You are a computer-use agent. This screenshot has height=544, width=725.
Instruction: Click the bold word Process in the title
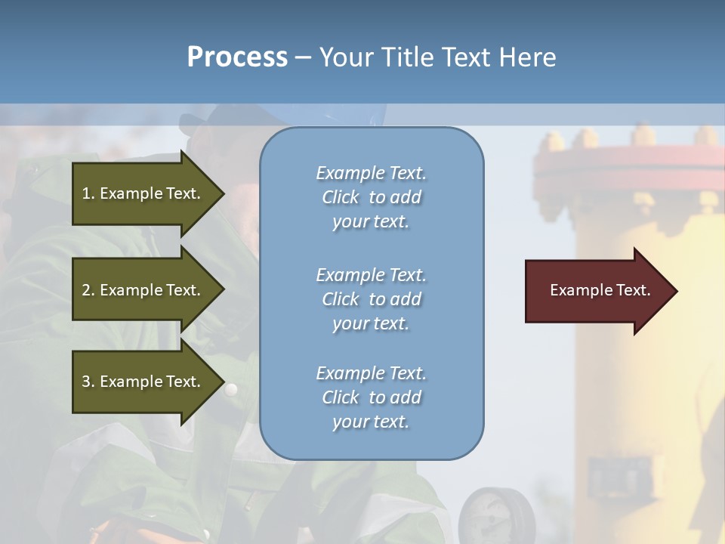point(237,57)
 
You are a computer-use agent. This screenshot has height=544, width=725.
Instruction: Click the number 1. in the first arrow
point(88,193)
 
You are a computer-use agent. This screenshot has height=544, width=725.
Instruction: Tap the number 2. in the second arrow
point(88,290)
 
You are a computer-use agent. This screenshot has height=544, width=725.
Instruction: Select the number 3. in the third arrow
point(88,382)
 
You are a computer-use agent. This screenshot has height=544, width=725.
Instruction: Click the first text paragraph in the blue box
point(371,197)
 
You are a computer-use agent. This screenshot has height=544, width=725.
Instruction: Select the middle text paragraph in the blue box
point(371,299)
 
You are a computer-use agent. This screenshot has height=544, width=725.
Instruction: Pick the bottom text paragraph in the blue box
point(371,397)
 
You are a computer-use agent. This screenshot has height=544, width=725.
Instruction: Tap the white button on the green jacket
point(231,389)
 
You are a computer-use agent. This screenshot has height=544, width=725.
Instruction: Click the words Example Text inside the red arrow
point(600,290)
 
